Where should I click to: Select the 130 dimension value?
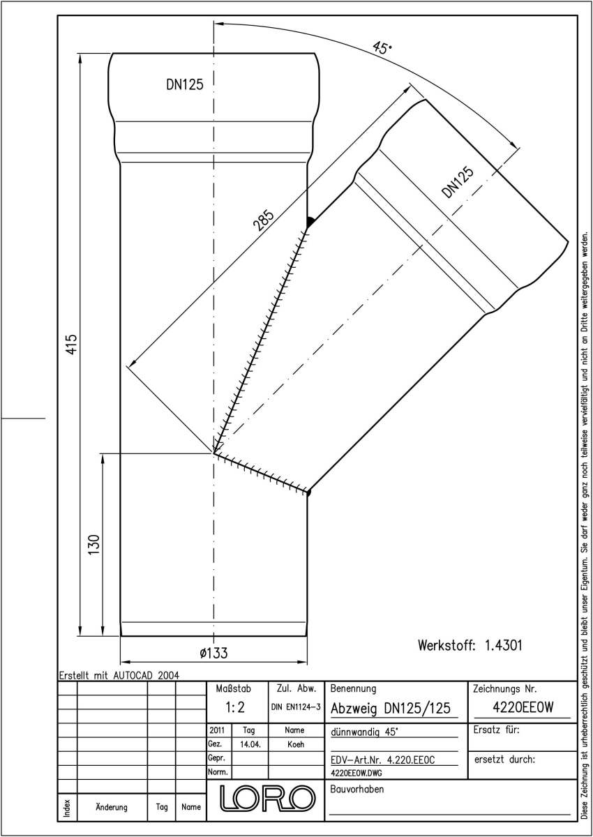94,545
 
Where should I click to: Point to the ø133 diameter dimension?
213,653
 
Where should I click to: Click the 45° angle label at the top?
382,47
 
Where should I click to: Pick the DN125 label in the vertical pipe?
185,85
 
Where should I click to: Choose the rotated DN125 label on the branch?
458,182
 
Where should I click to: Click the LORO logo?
267,799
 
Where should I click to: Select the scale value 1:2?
235,707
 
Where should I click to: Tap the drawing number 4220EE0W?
523,707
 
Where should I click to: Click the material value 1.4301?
503,645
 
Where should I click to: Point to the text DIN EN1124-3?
296,707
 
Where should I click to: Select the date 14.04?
250,744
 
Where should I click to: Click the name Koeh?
296,744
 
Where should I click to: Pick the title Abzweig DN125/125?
391,709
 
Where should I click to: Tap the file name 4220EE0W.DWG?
356,773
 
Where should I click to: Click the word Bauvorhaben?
356,789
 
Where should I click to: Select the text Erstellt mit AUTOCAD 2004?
119,675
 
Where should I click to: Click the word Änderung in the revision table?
112,807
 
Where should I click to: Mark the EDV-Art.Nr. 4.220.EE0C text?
382,760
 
